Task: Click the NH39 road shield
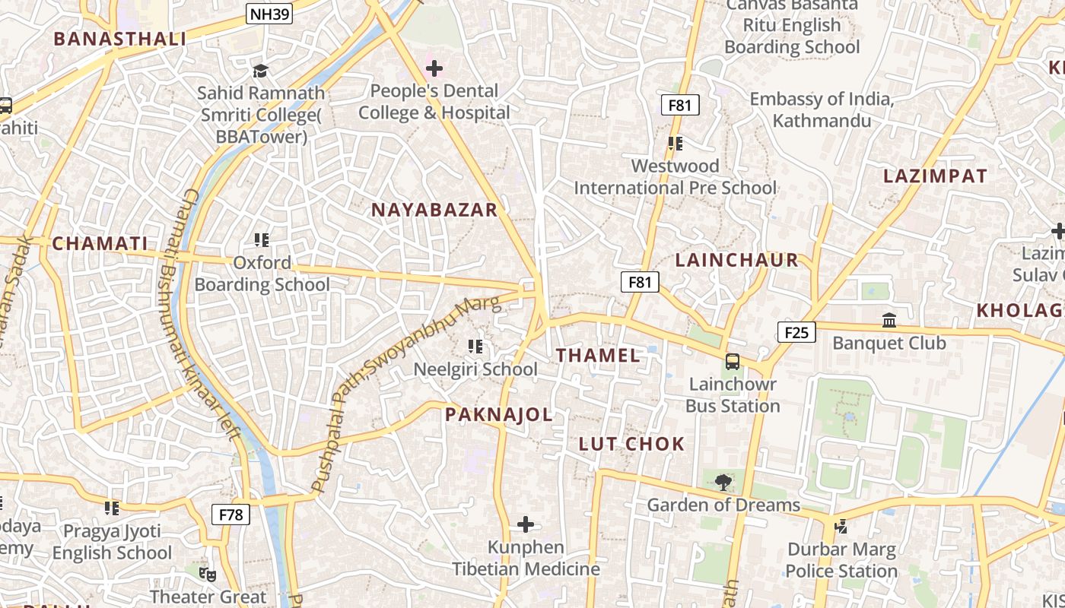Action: coord(270,14)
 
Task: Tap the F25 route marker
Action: coord(796,332)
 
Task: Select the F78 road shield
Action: coord(230,515)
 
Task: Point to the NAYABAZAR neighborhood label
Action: coord(434,211)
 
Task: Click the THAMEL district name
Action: coord(598,355)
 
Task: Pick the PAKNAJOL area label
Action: coord(499,414)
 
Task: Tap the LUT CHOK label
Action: coord(631,444)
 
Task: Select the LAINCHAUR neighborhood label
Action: coord(737,260)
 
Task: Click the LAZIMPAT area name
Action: coord(935,176)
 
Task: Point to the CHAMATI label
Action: coord(100,244)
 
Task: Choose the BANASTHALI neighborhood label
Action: coord(120,40)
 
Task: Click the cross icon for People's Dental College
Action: coord(434,69)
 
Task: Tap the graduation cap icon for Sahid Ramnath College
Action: coord(261,71)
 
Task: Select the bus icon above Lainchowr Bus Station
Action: coord(733,362)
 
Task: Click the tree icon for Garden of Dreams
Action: coord(723,480)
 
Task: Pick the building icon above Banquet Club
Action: coord(889,321)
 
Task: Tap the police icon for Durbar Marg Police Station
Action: coord(841,526)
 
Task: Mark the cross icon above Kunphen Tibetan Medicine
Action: coord(526,524)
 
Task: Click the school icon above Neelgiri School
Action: coord(475,347)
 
